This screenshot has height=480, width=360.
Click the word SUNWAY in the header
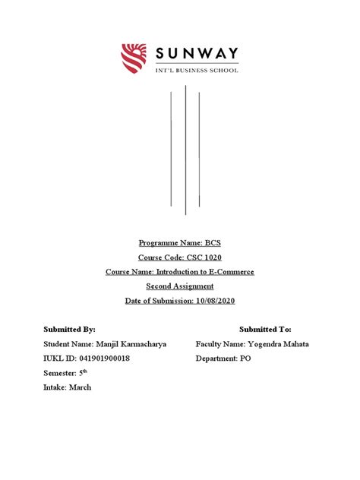(197, 53)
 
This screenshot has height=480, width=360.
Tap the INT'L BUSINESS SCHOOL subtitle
(197, 70)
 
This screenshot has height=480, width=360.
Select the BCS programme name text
(213, 242)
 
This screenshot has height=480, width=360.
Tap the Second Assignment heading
(180, 286)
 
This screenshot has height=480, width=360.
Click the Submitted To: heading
(265, 330)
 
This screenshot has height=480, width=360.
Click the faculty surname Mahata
(290, 344)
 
